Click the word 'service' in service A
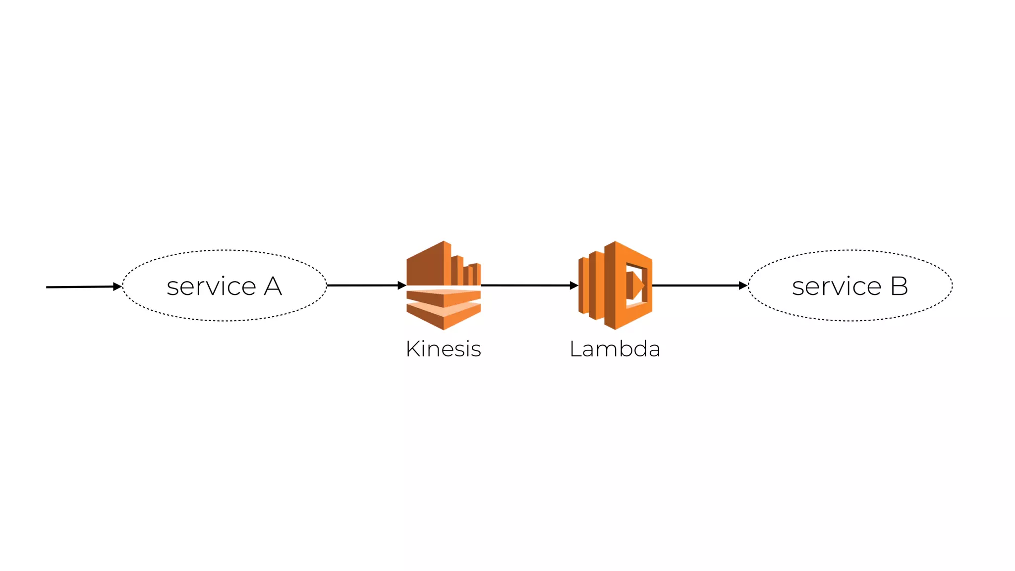[211, 286]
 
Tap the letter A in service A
[273, 286]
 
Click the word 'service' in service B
[837, 286]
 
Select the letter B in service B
[899, 286]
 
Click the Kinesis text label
[443, 349]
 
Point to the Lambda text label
[615, 349]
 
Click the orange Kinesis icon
[444, 285]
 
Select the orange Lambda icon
[615, 285]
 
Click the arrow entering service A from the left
[79, 287]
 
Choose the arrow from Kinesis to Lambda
[525, 285]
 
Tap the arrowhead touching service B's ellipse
[743, 285]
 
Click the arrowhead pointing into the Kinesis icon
[402, 285]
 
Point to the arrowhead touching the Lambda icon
[574, 285]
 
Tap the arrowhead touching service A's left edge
[117, 286]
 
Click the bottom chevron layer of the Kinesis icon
[444, 317]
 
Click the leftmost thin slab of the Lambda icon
[583, 285]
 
